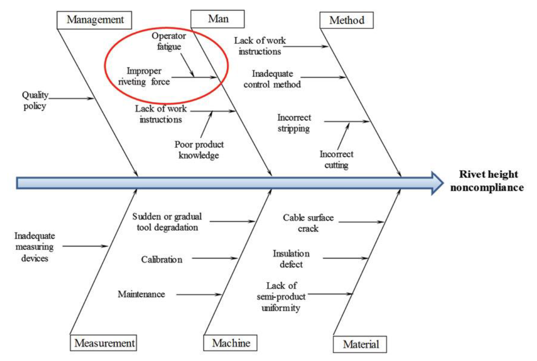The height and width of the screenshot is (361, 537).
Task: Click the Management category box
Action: (95, 19)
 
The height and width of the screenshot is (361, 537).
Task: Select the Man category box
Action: (218, 19)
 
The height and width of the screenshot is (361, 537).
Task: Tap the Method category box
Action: (346, 20)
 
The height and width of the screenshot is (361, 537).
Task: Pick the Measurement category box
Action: (104, 342)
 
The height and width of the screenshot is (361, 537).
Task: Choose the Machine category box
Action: (230, 342)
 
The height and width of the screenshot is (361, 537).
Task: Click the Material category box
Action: (360, 344)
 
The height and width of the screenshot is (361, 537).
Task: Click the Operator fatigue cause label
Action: (169, 41)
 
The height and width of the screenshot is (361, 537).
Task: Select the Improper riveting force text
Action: (148, 76)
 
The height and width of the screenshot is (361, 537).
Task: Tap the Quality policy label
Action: (35, 101)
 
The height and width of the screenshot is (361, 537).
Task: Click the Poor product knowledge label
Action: (199, 150)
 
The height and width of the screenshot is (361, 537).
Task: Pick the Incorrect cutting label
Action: (336, 159)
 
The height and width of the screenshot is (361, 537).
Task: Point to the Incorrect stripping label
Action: (294, 123)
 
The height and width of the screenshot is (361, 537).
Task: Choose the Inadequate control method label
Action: (272, 79)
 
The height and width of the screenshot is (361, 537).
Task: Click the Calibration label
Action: (162, 260)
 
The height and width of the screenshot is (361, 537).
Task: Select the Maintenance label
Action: (141, 294)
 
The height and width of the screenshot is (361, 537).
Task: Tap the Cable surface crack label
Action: (308, 223)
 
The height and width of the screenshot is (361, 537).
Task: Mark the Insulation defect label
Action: (291, 259)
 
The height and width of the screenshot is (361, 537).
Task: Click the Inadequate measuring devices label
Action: (34, 247)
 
